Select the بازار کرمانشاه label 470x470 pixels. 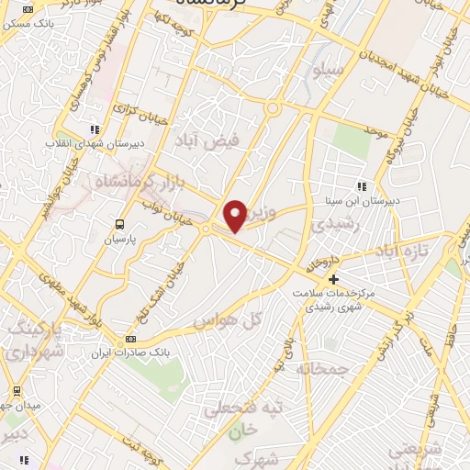click(129, 180)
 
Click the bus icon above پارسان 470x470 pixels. click(119, 224)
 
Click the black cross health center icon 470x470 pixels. click(333, 278)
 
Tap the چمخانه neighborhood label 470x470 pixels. click(323, 368)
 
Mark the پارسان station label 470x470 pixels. click(118, 238)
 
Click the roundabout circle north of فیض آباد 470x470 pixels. click(272, 108)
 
